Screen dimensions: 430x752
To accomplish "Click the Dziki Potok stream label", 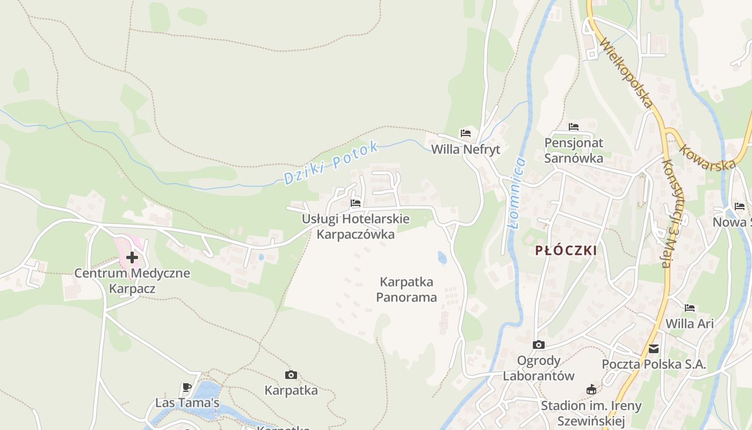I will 331,163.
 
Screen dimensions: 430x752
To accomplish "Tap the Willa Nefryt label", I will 466,149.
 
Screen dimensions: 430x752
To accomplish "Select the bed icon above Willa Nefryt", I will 466,133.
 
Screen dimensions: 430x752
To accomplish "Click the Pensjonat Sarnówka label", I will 574,150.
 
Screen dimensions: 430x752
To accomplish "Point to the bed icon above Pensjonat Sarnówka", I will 574,127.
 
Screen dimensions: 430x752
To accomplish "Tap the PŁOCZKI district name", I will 566,250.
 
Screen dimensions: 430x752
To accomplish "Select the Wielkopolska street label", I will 627,72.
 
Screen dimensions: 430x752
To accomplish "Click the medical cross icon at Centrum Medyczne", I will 132,257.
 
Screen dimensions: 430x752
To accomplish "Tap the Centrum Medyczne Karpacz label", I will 132,281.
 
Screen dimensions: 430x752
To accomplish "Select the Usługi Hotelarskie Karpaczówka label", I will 356,227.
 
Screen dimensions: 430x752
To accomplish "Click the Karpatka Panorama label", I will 407,289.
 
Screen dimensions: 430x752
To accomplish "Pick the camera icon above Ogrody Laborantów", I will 539,345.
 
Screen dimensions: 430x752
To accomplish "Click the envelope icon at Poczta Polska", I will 654,349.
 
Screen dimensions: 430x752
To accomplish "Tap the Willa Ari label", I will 690,324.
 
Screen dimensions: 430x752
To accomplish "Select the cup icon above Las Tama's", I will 187,387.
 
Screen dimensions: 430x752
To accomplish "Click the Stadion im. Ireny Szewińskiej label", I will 591,413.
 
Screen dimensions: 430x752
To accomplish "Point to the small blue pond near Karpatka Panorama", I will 442,258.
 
